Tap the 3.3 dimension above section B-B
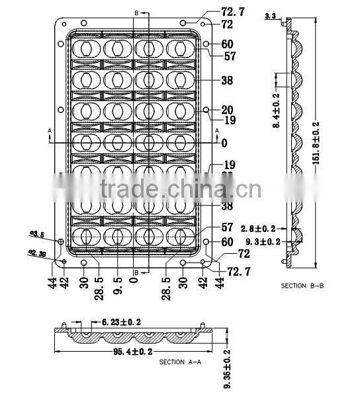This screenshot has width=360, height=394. coord(270,15)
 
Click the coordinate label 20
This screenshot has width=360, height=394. coord(228,110)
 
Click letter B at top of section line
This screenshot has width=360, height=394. coord(136,13)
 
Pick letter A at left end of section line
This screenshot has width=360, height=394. coord(50,132)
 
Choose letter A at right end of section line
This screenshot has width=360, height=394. coord(216,131)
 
